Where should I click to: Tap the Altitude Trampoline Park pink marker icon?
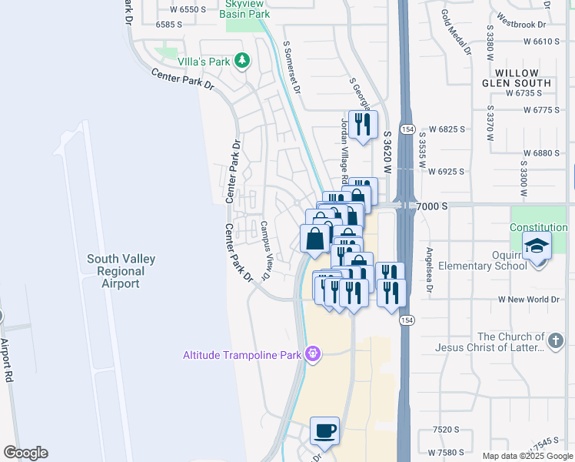click(312, 354)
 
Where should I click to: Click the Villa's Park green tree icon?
click(242, 60)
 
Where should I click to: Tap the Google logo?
click(25, 453)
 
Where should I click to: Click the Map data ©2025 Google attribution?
click(528, 456)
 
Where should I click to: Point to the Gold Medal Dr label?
click(456, 33)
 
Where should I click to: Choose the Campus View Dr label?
click(265, 250)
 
